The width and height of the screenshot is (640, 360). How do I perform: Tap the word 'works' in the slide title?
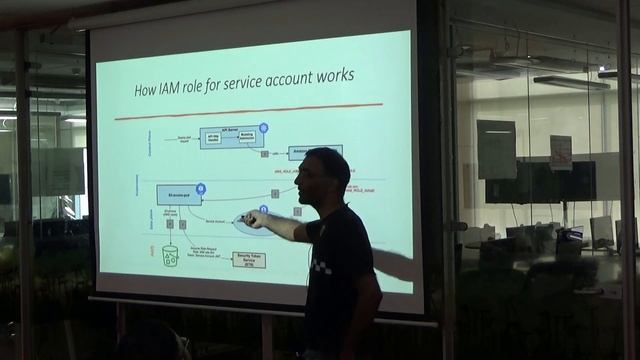tap(332, 76)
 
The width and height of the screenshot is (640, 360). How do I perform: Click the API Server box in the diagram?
tap(231, 136)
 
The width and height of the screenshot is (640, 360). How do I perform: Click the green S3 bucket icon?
tap(170, 255)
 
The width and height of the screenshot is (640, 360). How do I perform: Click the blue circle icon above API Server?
tap(264, 128)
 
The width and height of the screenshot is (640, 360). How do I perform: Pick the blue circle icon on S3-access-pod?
tap(200, 187)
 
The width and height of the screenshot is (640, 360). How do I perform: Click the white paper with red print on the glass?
tap(560, 151)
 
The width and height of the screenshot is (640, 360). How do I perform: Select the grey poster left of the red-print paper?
tap(496, 148)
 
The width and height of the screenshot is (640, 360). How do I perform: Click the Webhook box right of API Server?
tap(309, 152)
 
